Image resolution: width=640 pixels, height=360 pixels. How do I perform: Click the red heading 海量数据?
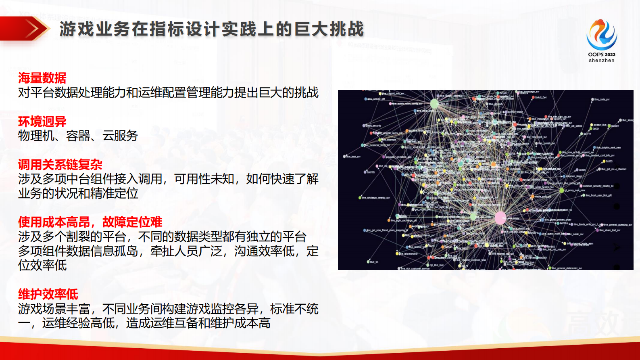click(x=42, y=78)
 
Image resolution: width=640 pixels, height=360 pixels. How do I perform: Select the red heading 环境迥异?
click(x=42, y=121)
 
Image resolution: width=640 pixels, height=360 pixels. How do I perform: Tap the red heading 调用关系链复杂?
click(x=60, y=165)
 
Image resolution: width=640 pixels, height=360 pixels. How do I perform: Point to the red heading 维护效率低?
click(x=48, y=294)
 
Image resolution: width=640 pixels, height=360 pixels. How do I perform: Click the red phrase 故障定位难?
click(x=132, y=222)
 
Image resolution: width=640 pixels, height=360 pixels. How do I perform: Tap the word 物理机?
click(x=36, y=136)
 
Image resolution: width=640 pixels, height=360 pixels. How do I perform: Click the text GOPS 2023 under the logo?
click(x=601, y=54)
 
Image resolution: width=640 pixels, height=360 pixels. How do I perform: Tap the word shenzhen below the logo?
click(x=601, y=61)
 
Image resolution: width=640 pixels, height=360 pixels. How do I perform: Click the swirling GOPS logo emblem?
click(x=601, y=34)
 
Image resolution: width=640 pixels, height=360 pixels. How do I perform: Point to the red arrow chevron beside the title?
click(x=32, y=29)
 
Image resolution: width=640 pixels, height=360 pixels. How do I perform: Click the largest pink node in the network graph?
click(x=500, y=218)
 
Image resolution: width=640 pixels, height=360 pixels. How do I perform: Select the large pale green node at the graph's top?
click(x=434, y=104)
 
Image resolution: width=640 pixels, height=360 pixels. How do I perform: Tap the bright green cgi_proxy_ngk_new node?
click(x=561, y=190)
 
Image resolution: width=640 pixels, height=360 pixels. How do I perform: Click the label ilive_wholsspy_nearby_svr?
click(x=375, y=198)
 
